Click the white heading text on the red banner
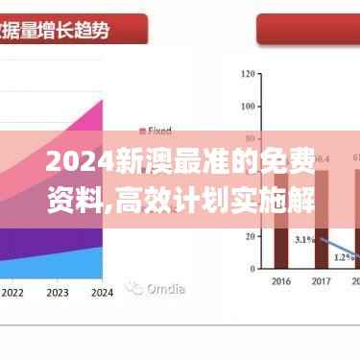(58, 29)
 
